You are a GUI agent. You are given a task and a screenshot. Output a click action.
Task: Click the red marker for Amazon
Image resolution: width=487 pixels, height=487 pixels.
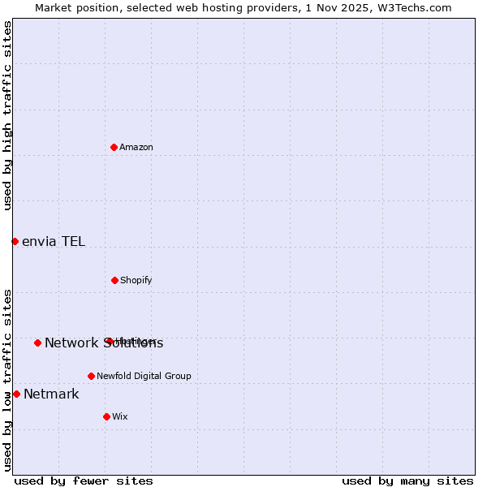[114, 147]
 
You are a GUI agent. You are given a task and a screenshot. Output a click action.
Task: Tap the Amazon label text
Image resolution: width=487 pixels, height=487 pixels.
[136, 147]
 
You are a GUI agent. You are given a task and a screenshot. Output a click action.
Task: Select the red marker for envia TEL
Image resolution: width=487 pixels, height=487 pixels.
[15, 241]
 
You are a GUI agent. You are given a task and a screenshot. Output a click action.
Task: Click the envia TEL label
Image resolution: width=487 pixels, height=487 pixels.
[54, 241]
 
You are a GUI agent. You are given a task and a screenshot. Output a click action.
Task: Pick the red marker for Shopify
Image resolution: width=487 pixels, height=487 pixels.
[114, 280]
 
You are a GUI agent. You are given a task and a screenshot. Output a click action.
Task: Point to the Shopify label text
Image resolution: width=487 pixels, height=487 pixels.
[136, 280]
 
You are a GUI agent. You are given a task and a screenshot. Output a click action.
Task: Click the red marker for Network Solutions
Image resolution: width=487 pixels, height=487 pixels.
[37, 343]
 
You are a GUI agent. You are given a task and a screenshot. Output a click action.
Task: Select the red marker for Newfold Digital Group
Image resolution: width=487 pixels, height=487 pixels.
[91, 376]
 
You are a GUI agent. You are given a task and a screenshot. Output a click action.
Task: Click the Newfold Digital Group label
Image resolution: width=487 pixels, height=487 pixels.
[144, 376]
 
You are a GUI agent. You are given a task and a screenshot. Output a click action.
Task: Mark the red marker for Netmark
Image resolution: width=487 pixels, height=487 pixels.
[16, 394]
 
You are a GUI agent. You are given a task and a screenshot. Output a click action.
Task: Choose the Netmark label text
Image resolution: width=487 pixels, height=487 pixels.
[51, 394]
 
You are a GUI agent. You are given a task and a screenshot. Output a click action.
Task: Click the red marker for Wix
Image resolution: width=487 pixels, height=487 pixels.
[106, 416]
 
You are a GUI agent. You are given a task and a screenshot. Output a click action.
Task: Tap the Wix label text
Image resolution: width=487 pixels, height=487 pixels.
[120, 416]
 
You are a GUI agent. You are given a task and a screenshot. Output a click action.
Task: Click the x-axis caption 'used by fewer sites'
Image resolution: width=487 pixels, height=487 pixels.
[84, 481]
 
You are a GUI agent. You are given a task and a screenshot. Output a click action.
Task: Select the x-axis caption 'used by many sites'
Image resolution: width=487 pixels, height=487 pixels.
[407, 481]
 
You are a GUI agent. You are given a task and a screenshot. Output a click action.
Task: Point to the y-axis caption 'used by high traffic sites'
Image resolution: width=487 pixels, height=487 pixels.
[7, 115]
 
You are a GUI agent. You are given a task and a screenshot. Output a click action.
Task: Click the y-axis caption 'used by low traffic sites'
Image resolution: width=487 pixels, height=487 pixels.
[7, 380]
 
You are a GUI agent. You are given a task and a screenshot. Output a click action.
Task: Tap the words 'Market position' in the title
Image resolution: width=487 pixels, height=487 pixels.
[72, 7]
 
